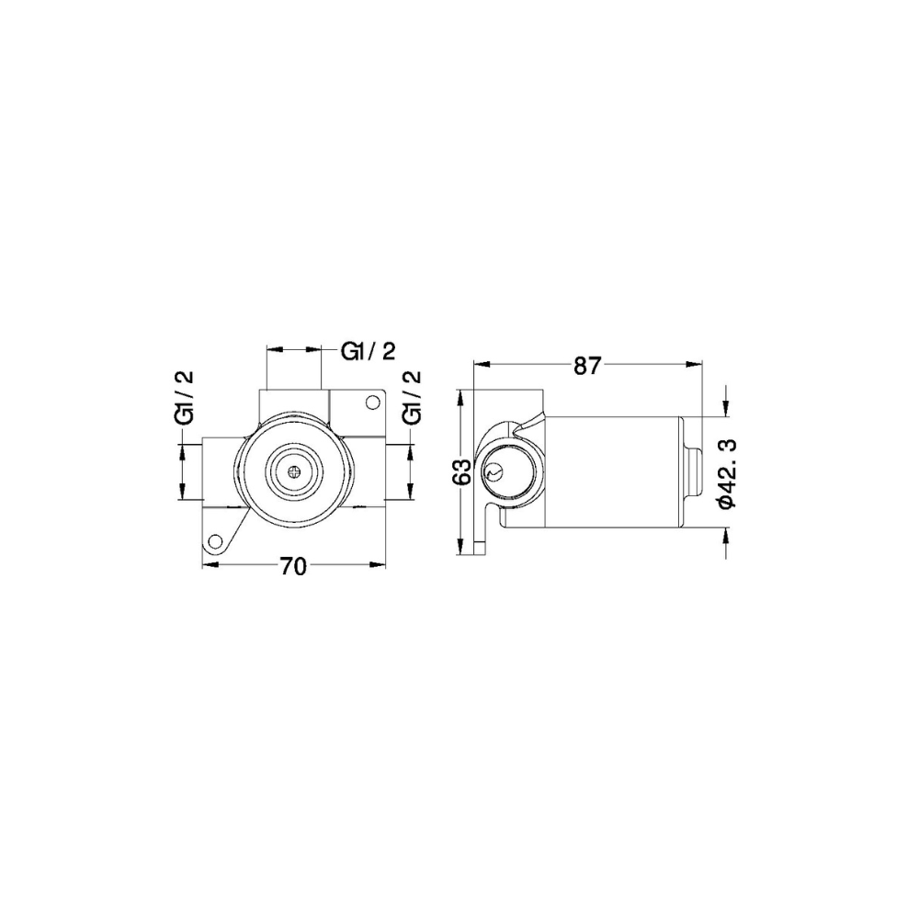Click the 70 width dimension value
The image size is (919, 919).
(x=292, y=567)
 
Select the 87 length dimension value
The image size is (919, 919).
(x=586, y=365)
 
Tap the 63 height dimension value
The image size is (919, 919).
(x=463, y=471)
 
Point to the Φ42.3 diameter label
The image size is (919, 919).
(x=726, y=471)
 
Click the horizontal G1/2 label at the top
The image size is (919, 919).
(x=369, y=351)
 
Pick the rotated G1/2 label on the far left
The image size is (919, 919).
(x=184, y=398)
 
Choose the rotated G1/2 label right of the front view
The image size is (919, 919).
(x=413, y=398)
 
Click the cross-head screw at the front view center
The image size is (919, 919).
(x=293, y=472)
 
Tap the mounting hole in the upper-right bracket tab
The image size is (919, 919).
(x=372, y=402)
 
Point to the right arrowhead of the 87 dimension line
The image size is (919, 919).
(x=696, y=365)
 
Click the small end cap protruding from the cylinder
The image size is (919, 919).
(x=695, y=471)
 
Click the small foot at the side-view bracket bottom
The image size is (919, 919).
(x=479, y=550)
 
